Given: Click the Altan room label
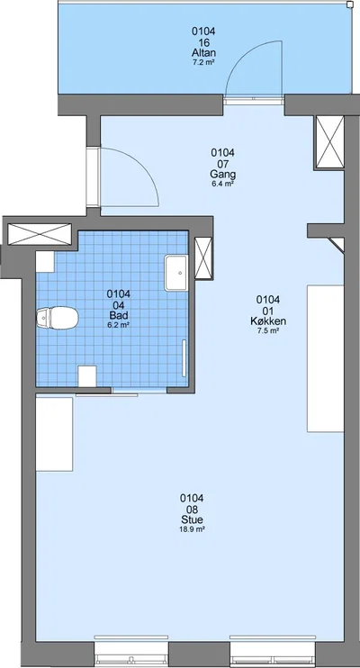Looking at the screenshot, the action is (x=203, y=53).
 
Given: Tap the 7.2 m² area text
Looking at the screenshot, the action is (x=203, y=63).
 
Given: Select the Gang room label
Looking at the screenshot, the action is (x=223, y=175).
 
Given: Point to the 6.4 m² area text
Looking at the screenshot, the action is (x=223, y=184).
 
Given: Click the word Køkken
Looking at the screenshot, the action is (x=268, y=321).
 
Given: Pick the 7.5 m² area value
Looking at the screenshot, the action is (x=268, y=331).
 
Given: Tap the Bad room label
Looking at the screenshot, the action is (x=119, y=315).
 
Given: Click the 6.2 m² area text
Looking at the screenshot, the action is (x=119, y=325).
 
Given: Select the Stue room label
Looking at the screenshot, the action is (x=192, y=519).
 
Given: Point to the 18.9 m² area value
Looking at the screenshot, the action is (x=192, y=529).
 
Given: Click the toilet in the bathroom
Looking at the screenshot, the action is (x=57, y=318).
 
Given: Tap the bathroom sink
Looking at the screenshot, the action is (x=176, y=273).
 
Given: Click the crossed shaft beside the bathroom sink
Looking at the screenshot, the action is (x=203, y=258).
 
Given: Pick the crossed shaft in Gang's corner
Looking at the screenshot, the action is (x=329, y=142).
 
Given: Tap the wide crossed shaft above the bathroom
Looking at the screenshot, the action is (x=40, y=234).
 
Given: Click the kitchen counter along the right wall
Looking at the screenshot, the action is (x=326, y=358).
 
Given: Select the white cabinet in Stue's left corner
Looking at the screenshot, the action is (x=54, y=434).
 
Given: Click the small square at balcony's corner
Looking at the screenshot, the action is (x=350, y=5).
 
